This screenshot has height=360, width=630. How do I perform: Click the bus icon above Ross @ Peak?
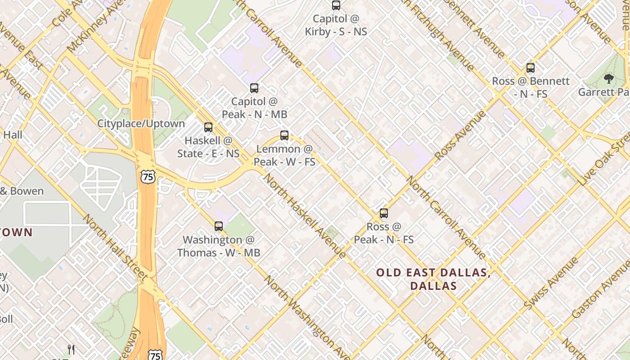pyautogui.click(x=383, y=213)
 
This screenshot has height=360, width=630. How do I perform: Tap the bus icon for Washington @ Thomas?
pyautogui.click(x=219, y=226)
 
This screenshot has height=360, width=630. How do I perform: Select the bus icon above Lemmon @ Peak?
pyautogui.click(x=284, y=135)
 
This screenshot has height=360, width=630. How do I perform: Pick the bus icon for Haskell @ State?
pyautogui.click(x=208, y=127)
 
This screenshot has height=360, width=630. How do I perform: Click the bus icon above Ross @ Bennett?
pyautogui.click(x=531, y=68)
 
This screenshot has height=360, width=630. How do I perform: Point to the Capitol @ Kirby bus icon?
pyautogui.click(x=336, y=5)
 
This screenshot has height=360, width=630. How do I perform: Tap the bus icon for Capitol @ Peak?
pyautogui.click(x=254, y=88)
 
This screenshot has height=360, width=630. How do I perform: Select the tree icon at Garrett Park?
pyautogui.click(x=609, y=79)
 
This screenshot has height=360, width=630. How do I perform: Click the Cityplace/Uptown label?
pyautogui.click(x=141, y=124)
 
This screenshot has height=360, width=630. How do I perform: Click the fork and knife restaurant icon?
pyautogui.click(x=71, y=349)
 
